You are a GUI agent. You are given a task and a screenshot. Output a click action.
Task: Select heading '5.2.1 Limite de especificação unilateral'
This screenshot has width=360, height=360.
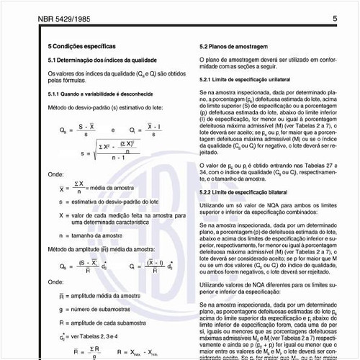[x=246, y=78]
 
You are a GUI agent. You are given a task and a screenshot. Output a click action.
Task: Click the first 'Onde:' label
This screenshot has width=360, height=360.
[x=55, y=174]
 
